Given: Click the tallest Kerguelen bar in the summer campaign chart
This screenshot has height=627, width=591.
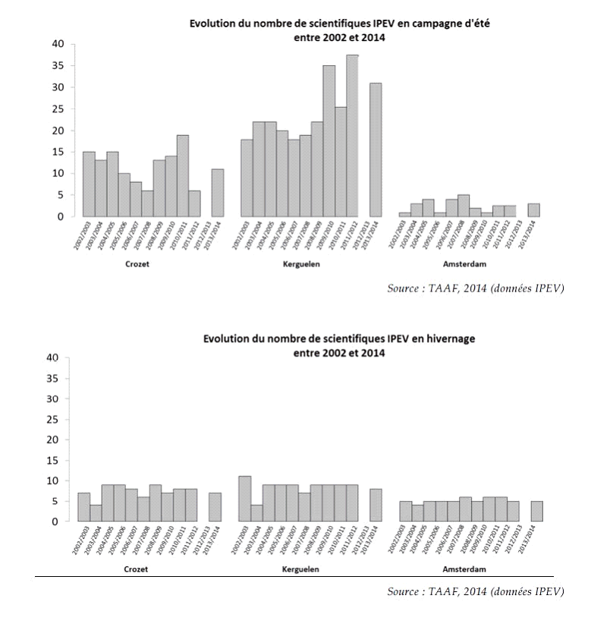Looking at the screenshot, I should [352, 137].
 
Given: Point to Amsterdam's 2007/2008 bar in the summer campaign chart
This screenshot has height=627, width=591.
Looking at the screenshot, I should [464, 206].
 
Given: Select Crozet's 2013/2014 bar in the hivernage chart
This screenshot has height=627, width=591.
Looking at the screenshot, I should [215, 507].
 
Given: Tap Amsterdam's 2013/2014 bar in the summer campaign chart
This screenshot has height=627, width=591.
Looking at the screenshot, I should [534, 210].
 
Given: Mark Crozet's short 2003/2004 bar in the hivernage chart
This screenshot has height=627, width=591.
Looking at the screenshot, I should [96, 513].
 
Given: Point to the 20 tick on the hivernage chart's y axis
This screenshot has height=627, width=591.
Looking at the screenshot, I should [52, 440].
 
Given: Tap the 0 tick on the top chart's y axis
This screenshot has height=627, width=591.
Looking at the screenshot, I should [61, 216].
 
